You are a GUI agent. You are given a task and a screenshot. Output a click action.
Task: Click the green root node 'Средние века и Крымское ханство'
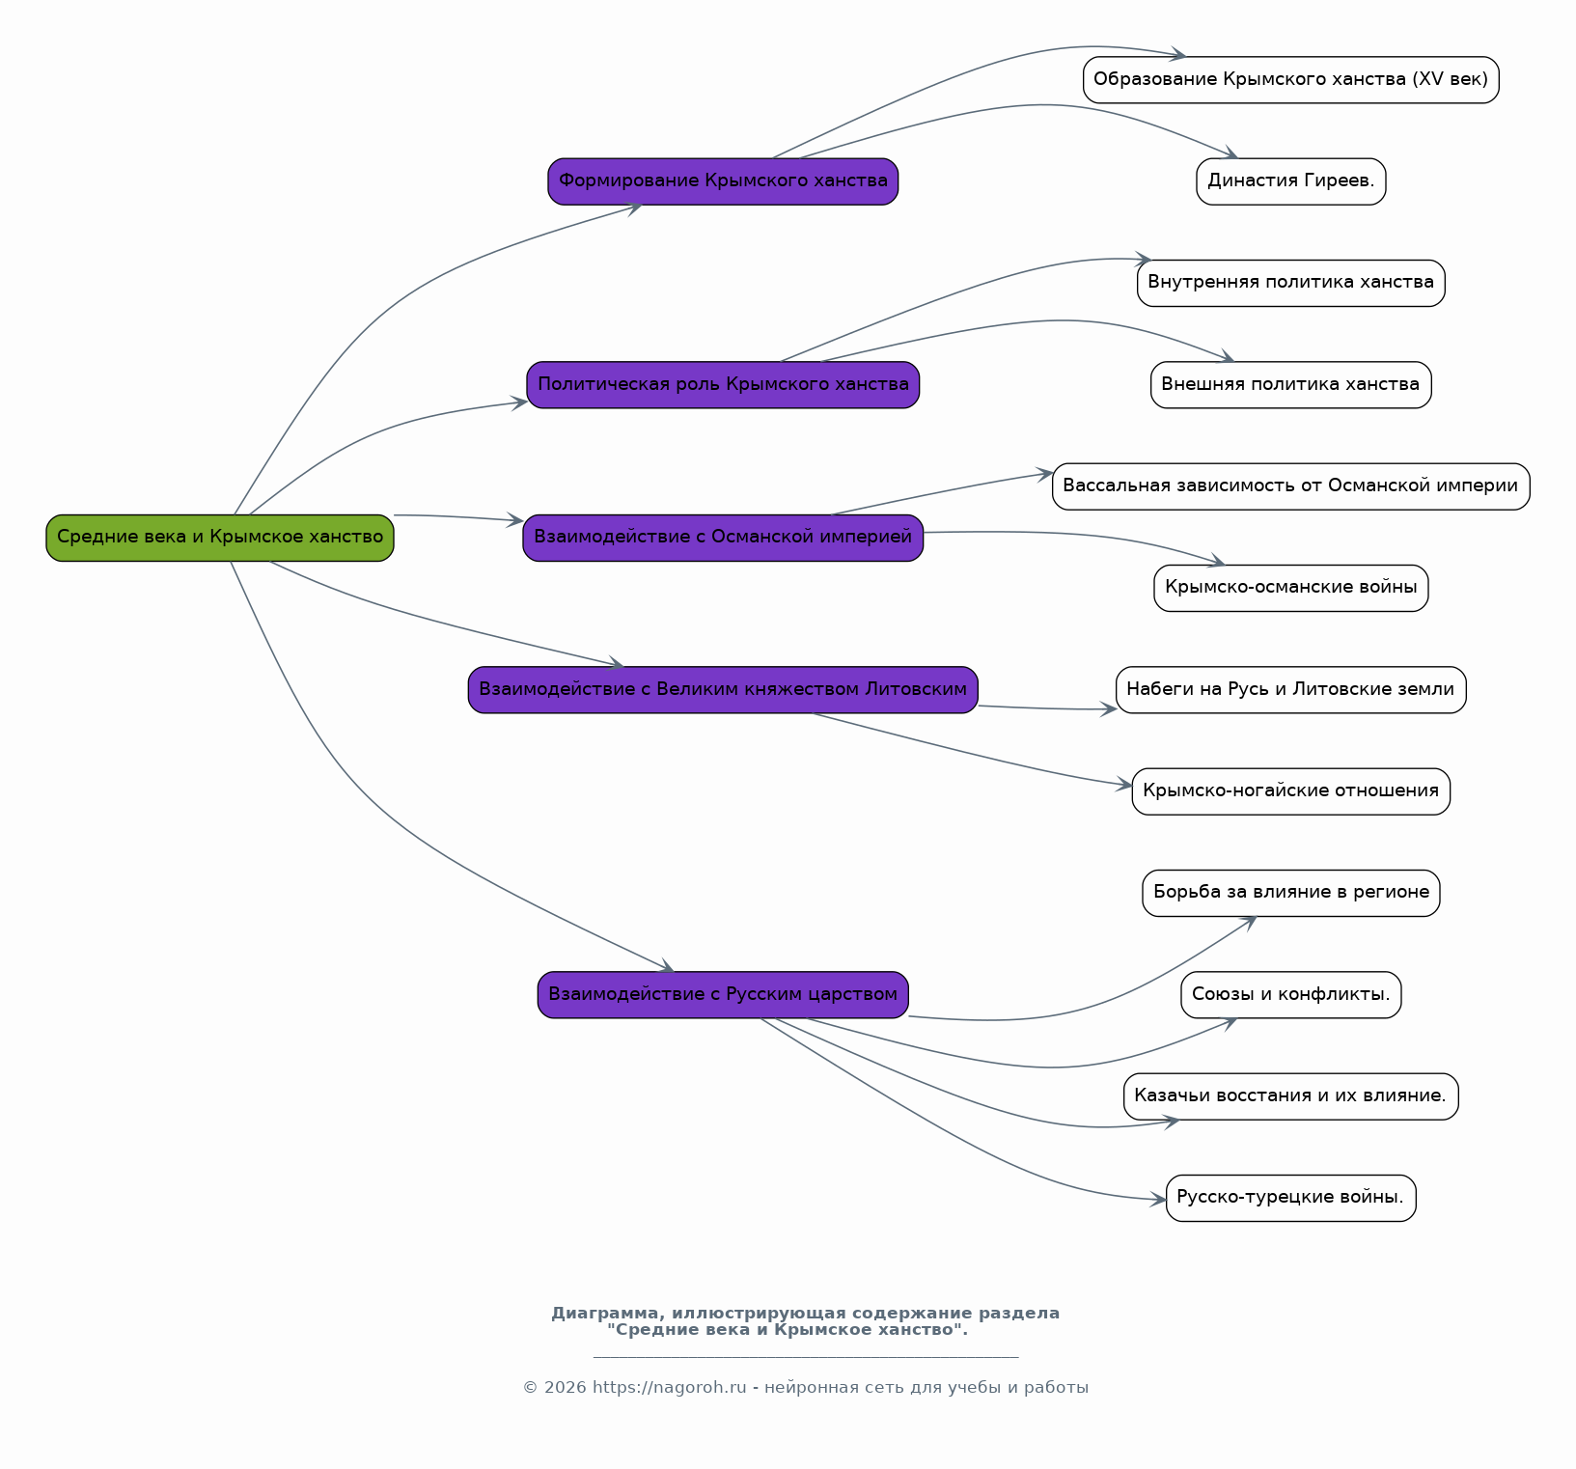point(220,538)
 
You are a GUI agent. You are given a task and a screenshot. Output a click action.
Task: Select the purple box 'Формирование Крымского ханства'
point(723,181)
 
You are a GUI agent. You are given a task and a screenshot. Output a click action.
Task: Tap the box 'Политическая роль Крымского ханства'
point(723,385)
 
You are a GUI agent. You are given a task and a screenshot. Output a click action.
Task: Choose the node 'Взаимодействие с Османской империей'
point(723,538)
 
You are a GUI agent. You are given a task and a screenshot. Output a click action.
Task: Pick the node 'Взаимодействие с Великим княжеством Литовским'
point(723,690)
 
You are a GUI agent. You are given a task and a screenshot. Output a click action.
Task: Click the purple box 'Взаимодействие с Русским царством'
point(723,995)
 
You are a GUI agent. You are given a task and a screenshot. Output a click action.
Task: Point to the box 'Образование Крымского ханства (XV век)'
point(1291,80)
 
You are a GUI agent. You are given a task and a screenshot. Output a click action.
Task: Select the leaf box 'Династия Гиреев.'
point(1291,181)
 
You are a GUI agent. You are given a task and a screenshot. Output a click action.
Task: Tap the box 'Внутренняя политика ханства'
point(1291,283)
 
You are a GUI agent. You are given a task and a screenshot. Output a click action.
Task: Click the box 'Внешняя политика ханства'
point(1291,385)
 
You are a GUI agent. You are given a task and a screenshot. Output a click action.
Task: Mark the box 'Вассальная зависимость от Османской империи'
point(1291,486)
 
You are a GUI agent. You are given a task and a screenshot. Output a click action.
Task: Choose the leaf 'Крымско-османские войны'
point(1291,588)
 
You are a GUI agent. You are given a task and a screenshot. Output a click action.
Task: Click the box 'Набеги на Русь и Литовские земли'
point(1291,690)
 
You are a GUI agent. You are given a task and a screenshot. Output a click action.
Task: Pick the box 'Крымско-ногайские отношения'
point(1291,791)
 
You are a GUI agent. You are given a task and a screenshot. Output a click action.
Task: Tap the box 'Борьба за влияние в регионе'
point(1291,893)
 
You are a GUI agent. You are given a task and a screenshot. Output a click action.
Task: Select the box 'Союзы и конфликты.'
point(1291,995)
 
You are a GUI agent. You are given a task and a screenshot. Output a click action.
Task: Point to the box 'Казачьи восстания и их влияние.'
point(1291,1096)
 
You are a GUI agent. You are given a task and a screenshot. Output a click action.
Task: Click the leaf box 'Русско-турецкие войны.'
point(1291,1198)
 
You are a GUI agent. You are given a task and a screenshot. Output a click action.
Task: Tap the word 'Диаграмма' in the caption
point(607,1314)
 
